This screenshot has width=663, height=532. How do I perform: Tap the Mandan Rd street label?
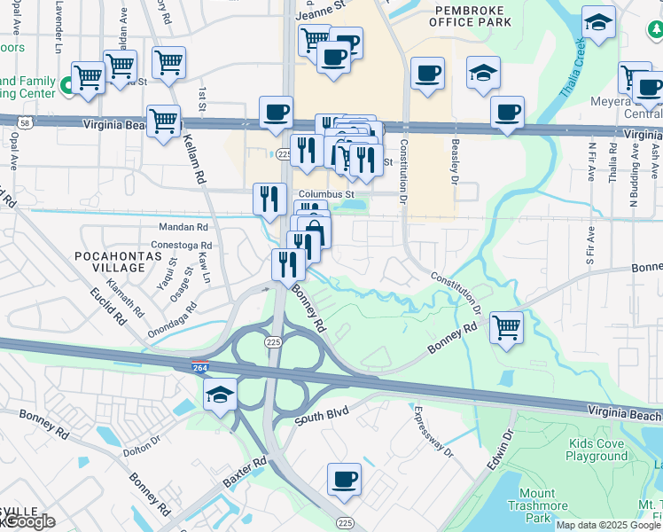tap(183, 227)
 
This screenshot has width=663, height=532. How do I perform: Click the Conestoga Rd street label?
tap(183, 246)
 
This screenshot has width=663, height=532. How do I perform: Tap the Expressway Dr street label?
tap(433, 432)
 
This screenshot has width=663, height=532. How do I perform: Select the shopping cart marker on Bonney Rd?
tap(506, 325)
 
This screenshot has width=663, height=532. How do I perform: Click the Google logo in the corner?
tap(28, 521)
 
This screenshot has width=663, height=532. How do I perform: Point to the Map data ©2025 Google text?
tap(607, 525)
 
